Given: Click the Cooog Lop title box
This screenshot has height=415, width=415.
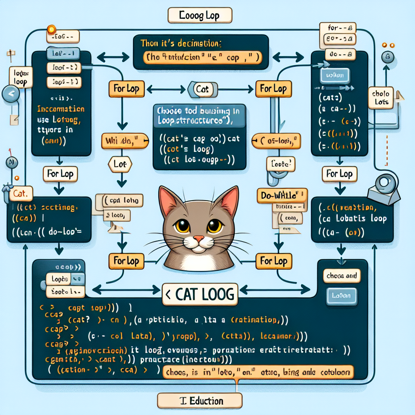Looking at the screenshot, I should click(x=199, y=16).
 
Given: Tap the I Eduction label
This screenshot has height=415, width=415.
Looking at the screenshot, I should click(x=200, y=401).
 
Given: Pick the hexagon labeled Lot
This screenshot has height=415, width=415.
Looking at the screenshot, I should click(x=120, y=164).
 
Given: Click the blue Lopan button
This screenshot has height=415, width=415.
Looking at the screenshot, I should click(x=341, y=295).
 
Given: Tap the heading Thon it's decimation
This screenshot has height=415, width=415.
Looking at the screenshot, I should click(x=183, y=43).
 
